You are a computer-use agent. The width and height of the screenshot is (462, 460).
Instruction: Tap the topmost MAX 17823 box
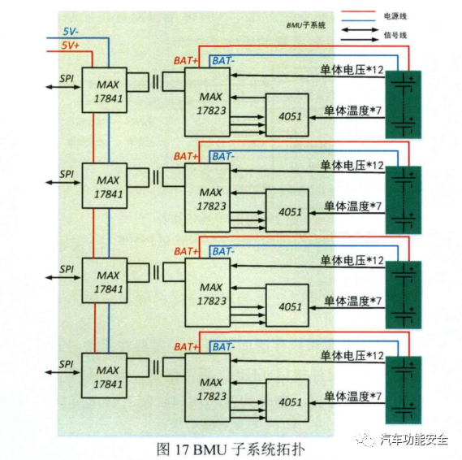(210, 101)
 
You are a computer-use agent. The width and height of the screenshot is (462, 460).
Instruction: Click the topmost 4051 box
(290, 116)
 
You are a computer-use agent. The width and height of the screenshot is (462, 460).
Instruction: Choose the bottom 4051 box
(290, 401)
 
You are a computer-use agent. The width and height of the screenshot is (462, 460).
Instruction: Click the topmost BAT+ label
(187, 60)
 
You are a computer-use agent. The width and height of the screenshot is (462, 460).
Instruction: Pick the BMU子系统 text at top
(304, 26)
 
